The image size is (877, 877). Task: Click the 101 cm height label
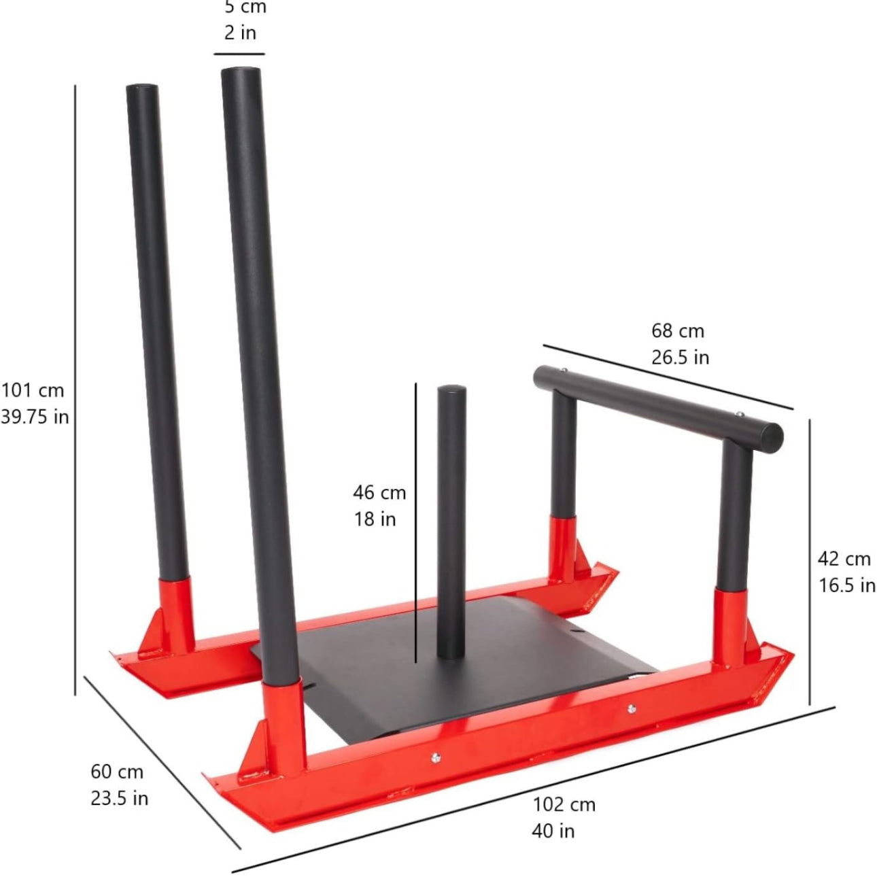click(33, 390)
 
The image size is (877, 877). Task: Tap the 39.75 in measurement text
click(35, 417)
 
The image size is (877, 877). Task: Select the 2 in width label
click(240, 33)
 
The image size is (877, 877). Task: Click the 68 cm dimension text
click(678, 331)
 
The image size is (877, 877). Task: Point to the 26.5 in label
click(680, 358)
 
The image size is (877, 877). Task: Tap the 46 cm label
click(379, 492)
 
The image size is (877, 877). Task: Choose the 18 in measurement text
click(375, 519)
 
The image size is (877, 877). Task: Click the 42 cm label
click(844, 559)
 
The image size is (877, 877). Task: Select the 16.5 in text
click(847, 585)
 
